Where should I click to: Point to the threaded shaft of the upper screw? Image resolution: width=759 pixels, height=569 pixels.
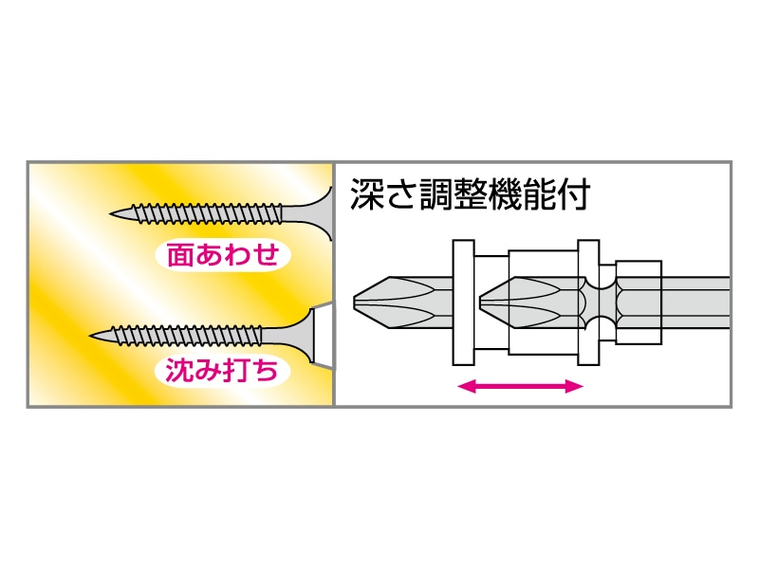coord(209,212)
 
